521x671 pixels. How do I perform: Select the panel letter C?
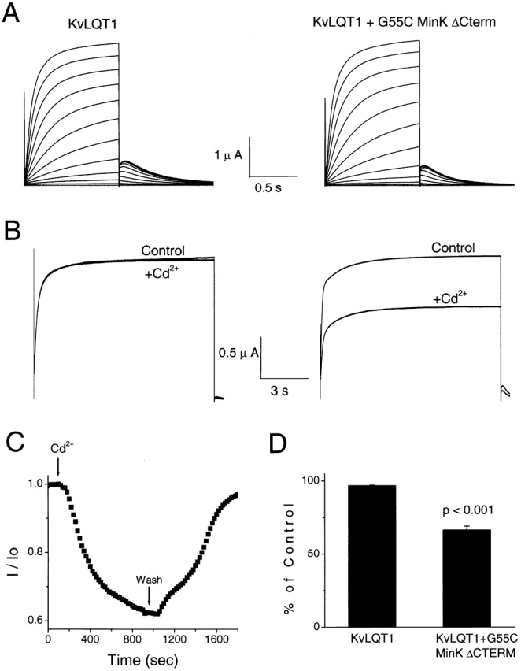[x=13, y=455]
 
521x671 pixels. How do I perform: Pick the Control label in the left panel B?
[x=163, y=251]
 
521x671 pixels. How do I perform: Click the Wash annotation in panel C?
[x=150, y=580]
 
